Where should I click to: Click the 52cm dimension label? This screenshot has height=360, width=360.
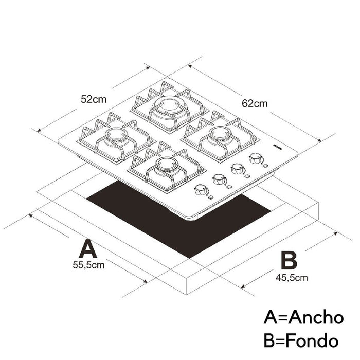(x=94, y=99)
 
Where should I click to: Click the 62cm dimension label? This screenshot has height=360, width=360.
(x=255, y=103)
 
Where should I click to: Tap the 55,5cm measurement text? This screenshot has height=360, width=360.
(x=88, y=265)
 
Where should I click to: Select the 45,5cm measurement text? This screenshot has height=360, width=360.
(x=292, y=278)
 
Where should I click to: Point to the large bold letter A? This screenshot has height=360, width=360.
(x=88, y=248)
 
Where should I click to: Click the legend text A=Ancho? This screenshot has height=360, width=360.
(x=303, y=318)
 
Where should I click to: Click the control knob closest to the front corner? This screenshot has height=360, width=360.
(x=201, y=190)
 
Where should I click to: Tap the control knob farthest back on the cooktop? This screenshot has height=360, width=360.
(x=256, y=158)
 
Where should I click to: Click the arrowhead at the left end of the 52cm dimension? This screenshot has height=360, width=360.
(x=39, y=130)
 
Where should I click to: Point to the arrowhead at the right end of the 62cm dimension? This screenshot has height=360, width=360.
(x=319, y=140)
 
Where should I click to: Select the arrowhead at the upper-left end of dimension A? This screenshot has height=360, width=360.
(x=30, y=215)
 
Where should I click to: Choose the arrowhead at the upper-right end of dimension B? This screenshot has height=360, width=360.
(x=335, y=233)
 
